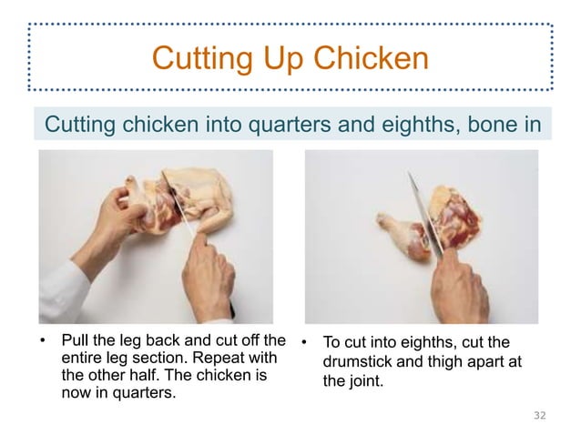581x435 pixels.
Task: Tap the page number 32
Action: pos(539,415)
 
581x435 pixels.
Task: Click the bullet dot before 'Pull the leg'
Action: pos(41,343)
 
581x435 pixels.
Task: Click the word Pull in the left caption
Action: pos(76,343)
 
